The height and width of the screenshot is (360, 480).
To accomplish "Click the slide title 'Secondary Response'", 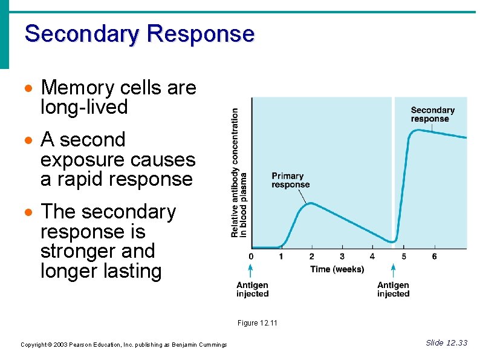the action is point(139,33).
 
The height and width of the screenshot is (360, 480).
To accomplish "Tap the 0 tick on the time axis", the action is point(251,257).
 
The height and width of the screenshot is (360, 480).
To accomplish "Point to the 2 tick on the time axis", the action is point(311,257).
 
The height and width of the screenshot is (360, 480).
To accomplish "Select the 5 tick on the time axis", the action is point(404,257).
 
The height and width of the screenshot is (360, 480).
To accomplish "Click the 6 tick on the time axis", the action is point(434,257).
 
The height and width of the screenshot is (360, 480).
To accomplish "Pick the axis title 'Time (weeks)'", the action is point(337,269).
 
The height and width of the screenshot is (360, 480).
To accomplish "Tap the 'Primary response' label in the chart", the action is point(290,180).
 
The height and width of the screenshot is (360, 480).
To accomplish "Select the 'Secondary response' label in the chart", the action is point(432,114).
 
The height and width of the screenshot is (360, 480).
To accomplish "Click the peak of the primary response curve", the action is point(310,203).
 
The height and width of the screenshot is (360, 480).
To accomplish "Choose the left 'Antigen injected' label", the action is point(252,289).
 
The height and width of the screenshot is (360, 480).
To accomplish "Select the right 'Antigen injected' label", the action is point(393,289).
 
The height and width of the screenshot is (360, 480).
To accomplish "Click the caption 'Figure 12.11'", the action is point(257,323).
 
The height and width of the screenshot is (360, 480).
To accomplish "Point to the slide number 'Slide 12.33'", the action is point(446,343).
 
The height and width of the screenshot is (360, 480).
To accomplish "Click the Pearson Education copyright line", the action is point(123,345).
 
